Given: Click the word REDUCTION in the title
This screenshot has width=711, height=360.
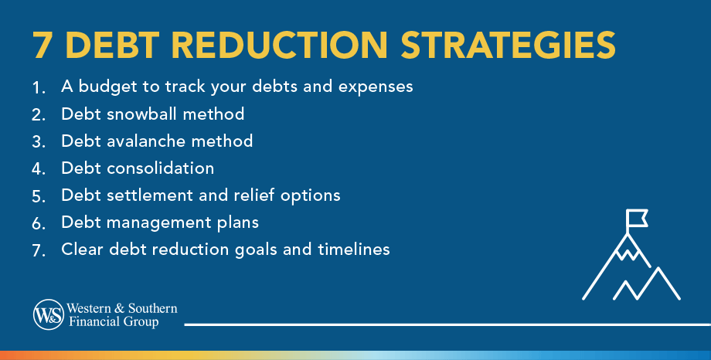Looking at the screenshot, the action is click(279, 45).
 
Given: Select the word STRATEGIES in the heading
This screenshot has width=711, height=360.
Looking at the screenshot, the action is click(509, 45).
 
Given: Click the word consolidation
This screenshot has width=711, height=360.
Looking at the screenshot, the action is click(161, 168).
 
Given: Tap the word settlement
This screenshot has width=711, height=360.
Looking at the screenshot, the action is click(150, 195).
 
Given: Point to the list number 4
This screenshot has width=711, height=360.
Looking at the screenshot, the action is click(39, 169).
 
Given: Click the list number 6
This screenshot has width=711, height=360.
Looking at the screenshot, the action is click(39, 223).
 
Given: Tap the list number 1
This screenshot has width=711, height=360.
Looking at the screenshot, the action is click(39, 87).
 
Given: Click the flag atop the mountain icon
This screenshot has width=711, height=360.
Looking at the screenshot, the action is click(637, 218).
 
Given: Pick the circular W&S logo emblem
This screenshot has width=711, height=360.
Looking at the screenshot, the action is click(49, 314).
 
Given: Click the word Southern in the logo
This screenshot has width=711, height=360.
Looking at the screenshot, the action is click(152, 308).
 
